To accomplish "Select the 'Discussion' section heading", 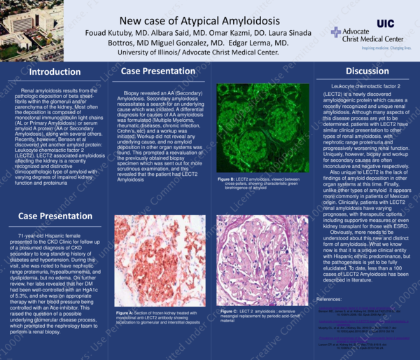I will click(367, 71).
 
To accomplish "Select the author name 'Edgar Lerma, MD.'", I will click(255, 43).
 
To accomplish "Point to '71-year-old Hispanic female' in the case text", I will click(48, 237).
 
